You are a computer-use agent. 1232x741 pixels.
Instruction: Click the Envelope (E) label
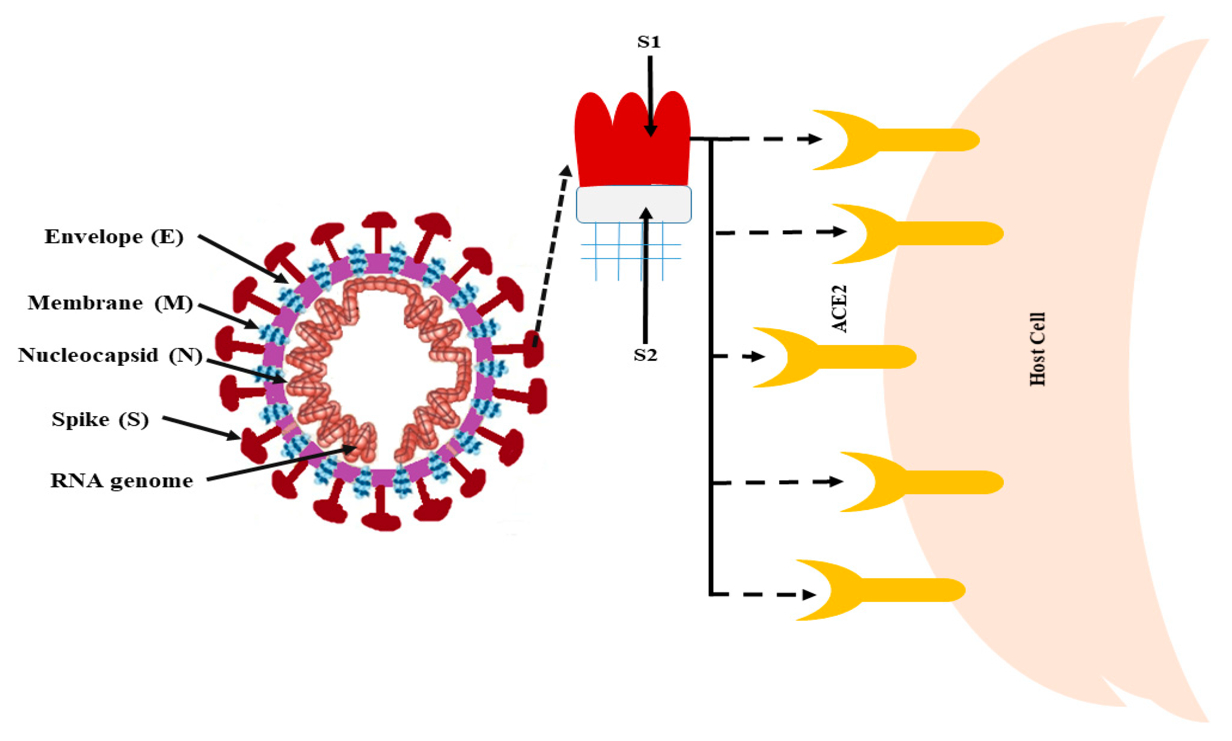(114, 237)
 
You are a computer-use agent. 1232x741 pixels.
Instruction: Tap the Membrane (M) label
(110, 303)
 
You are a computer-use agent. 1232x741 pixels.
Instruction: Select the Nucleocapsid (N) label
(110, 355)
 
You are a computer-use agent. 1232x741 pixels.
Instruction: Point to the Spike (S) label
(100, 419)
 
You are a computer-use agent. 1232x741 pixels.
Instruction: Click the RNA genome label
(121, 481)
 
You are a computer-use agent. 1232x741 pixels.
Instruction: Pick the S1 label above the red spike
(648, 42)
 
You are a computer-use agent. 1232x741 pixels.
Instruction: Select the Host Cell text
(1037, 349)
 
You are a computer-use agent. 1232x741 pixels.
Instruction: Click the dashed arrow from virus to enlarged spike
(551, 255)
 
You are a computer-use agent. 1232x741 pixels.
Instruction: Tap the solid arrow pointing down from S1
(650, 95)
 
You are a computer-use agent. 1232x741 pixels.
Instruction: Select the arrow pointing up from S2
(646, 275)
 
